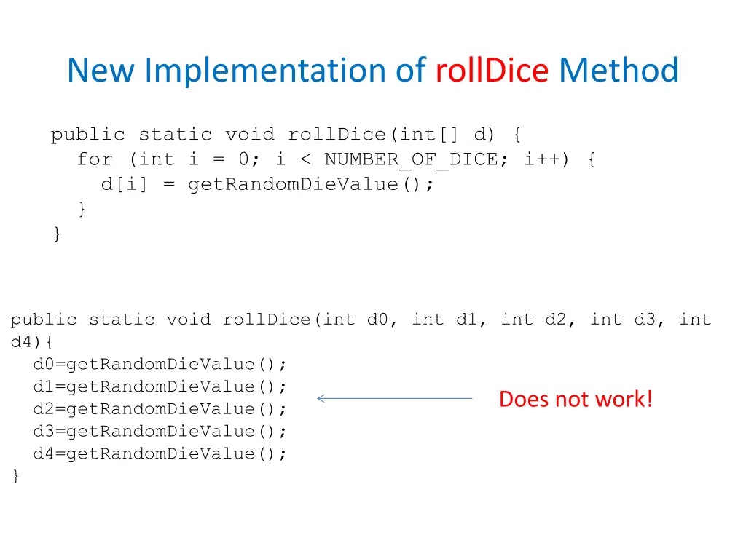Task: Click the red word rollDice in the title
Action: coord(492,71)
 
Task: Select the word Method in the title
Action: coord(619,71)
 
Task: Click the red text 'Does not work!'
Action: coord(576,399)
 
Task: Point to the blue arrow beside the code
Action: coord(395,398)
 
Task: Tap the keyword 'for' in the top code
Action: coord(95,159)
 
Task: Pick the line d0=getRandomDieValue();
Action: coord(160,364)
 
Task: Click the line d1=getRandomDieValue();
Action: coord(160,386)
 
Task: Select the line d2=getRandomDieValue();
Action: coord(160,409)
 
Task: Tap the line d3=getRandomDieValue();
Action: coord(160,432)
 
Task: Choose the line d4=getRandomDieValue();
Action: coord(160,454)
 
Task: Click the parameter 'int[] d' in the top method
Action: coord(444,135)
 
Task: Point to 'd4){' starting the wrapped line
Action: coord(28,341)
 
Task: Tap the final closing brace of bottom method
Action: coord(16,477)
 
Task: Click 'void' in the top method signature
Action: coord(250,135)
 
